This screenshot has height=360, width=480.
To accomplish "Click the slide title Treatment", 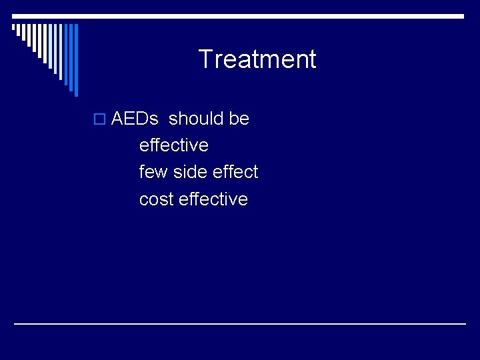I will tap(257, 59).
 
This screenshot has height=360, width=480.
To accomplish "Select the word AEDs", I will tap(135, 119).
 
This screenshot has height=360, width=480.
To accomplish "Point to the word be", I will tap(239, 119).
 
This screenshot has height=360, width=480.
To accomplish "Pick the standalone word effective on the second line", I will tap(173, 145).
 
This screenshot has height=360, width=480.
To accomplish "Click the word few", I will tap(153, 172).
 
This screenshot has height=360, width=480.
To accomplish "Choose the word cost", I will tap(157, 199).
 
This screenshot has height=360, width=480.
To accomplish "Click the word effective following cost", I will tap(213, 199).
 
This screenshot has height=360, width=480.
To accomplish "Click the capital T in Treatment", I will tap(205, 59).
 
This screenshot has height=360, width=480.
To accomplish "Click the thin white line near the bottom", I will tap(240, 324).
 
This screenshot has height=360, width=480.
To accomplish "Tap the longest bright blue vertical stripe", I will tap(75, 60).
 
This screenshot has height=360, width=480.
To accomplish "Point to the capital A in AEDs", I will tap(117, 119).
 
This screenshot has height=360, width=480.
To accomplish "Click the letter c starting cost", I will tap(143, 200).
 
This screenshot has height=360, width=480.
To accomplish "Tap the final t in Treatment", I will tap(312, 59).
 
